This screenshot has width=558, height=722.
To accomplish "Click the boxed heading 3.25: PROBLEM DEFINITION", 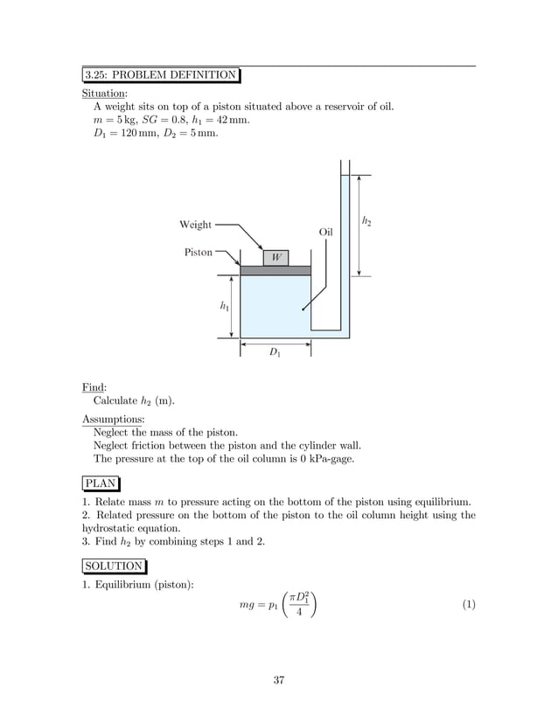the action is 161,74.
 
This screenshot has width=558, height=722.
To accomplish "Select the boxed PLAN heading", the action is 101,482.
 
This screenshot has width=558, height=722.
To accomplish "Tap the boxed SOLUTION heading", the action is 115,566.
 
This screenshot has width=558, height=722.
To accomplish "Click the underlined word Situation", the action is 104,92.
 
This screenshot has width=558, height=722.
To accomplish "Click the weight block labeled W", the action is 276,258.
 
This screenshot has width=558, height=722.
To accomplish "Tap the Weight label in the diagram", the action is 195,225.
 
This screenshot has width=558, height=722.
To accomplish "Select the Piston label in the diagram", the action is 199,252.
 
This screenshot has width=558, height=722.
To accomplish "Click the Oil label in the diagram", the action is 326,233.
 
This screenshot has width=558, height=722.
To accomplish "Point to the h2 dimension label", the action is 366,223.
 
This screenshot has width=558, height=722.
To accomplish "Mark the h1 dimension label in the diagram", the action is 225,306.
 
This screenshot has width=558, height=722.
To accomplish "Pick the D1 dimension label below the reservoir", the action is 275,352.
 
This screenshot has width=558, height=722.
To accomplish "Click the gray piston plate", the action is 276,270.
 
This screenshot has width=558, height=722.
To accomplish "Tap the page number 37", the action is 278,681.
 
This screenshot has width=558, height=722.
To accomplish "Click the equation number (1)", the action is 467,604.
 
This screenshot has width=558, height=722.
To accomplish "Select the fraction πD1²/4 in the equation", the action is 299,604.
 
